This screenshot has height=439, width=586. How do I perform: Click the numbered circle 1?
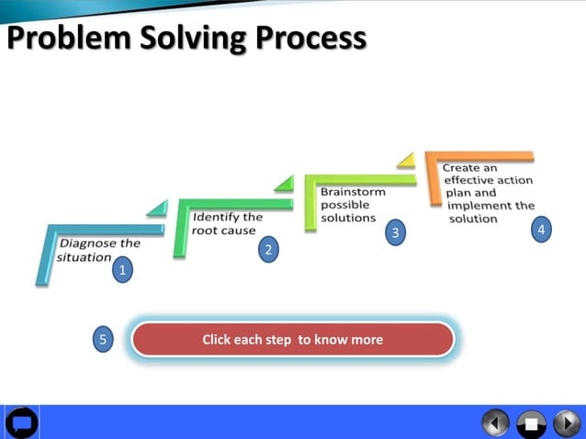coord(122,270)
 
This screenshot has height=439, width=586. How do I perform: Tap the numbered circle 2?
coord(268,249)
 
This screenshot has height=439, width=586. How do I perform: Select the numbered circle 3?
coord(396,232)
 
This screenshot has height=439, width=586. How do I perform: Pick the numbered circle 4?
coord(542,230)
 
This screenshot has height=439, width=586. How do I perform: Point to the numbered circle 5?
coord(103,340)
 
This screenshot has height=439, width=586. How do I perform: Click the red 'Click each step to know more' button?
coord(292,340)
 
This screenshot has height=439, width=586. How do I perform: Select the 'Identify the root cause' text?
coord(227,224)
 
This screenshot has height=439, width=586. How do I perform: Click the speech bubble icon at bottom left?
coord(21,422)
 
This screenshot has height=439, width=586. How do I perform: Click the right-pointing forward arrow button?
coord(566,422)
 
